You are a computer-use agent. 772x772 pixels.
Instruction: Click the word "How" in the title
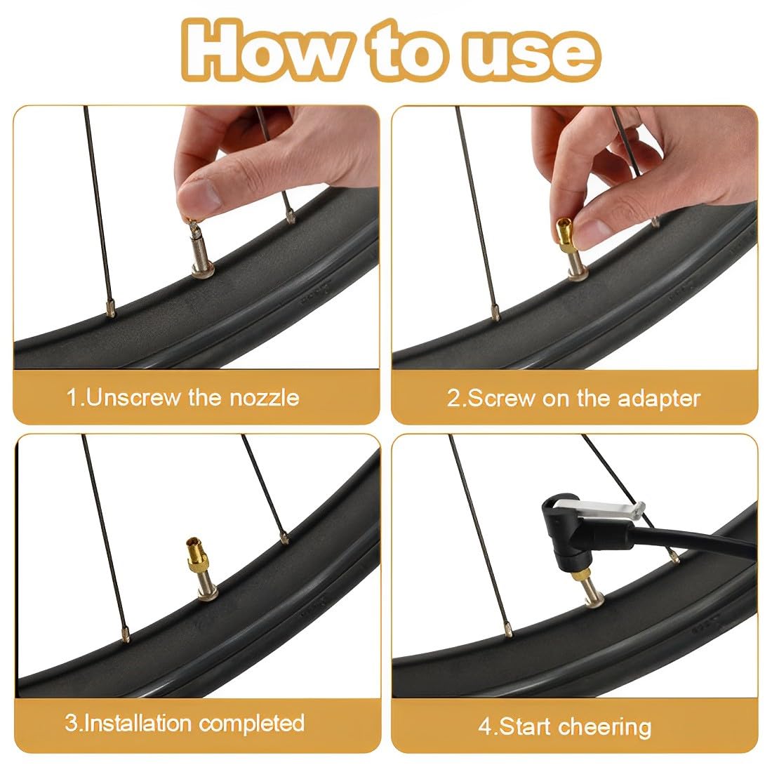[x=268, y=51]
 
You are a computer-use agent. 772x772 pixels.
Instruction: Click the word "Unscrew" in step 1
[x=133, y=397]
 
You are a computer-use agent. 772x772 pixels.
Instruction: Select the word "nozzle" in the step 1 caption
[x=265, y=397]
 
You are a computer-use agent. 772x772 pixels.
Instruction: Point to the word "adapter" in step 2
[x=659, y=399]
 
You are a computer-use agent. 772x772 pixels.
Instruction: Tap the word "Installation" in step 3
[x=138, y=723]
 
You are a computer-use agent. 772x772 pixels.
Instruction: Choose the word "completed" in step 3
[x=251, y=724]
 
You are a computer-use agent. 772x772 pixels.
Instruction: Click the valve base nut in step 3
[x=208, y=596]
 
